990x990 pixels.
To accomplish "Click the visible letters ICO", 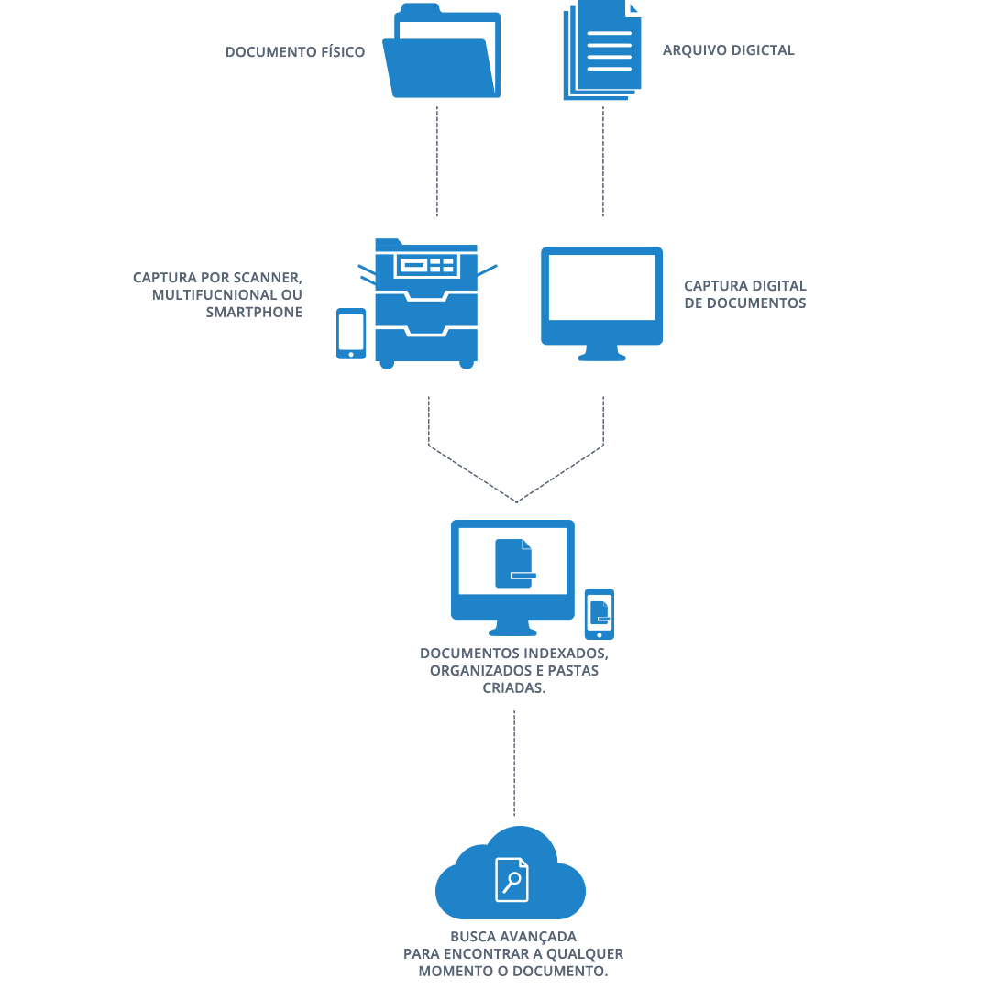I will tap(352, 52).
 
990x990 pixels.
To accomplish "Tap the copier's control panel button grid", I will tap(442, 266).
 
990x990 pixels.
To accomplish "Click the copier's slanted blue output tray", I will tap(487, 271).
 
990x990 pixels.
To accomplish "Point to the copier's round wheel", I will tap(467, 364).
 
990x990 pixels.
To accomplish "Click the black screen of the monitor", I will tap(577, 288).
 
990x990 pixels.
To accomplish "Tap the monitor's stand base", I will tap(589, 357).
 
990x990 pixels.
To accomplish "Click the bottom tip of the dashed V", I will tap(517, 501).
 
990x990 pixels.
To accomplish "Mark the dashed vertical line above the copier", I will tap(437, 161).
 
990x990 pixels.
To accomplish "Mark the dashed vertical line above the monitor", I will tap(602, 161).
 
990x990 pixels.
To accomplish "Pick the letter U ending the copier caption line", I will tap(297, 295).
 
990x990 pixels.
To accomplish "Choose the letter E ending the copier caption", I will tap(298, 313).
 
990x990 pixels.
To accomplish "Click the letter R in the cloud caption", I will tap(619, 954).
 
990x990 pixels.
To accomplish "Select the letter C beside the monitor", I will tap(688, 286).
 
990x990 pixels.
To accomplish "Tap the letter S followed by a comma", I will tap(603, 654).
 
